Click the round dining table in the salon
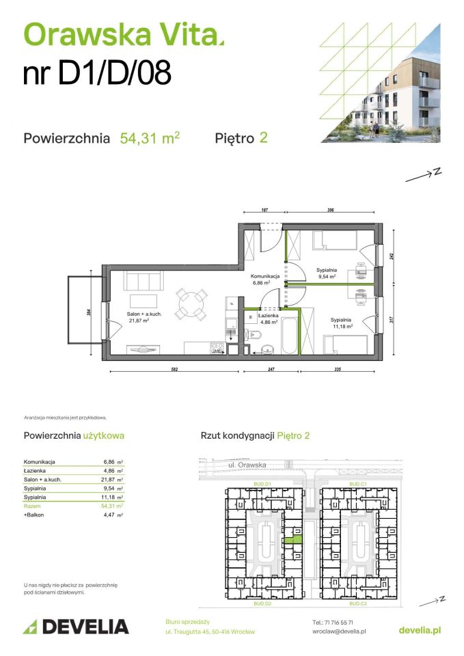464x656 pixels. pyautogui.click(x=191, y=303)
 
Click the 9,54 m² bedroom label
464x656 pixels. pyautogui.click(x=326, y=273)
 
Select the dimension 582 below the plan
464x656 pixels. pyautogui.click(x=174, y=369)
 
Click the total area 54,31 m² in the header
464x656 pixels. pyautogui.click(x=150, y=138)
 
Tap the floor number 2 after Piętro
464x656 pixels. pyautogui.click(x=263, y=138)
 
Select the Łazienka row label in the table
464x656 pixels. pyautogui.click(x=34, y=471)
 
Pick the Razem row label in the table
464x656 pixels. pyautogui.click(x=33, y=506)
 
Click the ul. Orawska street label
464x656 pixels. pyautogui.click(x=247, y=465)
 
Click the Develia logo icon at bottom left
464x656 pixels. pyautogui.click(x=30, y=627)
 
